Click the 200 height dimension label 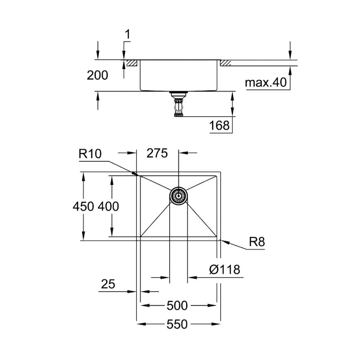click(x=97, y=75)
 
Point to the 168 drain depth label click(x=220, y=125)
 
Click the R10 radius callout click(x=89, y=154)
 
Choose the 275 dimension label click(x=157, y=153)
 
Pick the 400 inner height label click(x=109, y=206)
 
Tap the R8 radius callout click(x=257, y=242)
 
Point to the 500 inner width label click(x=177, y=306)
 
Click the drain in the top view click(x=178, y=195)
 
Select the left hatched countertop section click(x=132, y=63)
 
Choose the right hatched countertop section click(x=225, y=63)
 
